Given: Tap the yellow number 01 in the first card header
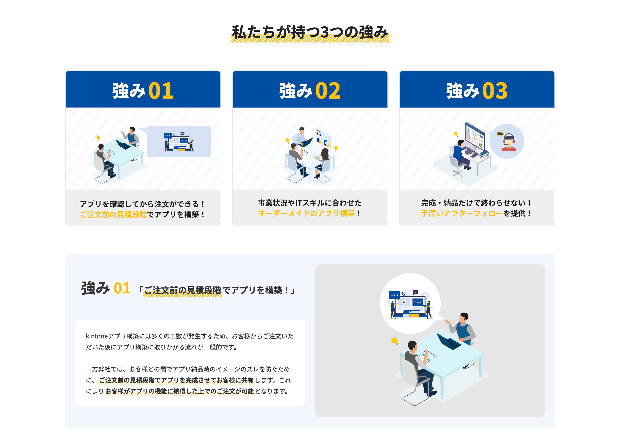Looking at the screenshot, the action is [161, 91].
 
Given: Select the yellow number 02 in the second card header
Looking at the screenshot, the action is [328, 91].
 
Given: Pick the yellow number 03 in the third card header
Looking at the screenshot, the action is [495, 91].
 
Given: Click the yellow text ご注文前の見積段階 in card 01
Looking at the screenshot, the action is [113, 215].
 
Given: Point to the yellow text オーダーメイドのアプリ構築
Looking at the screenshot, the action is [306, 214].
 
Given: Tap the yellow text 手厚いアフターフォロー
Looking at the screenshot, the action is [462, 214].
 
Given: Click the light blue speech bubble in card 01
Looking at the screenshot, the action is [178, 141].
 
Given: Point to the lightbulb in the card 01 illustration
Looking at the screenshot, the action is [98, 138].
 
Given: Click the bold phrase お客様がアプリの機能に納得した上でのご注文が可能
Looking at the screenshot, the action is [179, 391].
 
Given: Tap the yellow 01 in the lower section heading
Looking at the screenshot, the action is [122, 289].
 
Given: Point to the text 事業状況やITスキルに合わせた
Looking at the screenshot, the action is [310, 203].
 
